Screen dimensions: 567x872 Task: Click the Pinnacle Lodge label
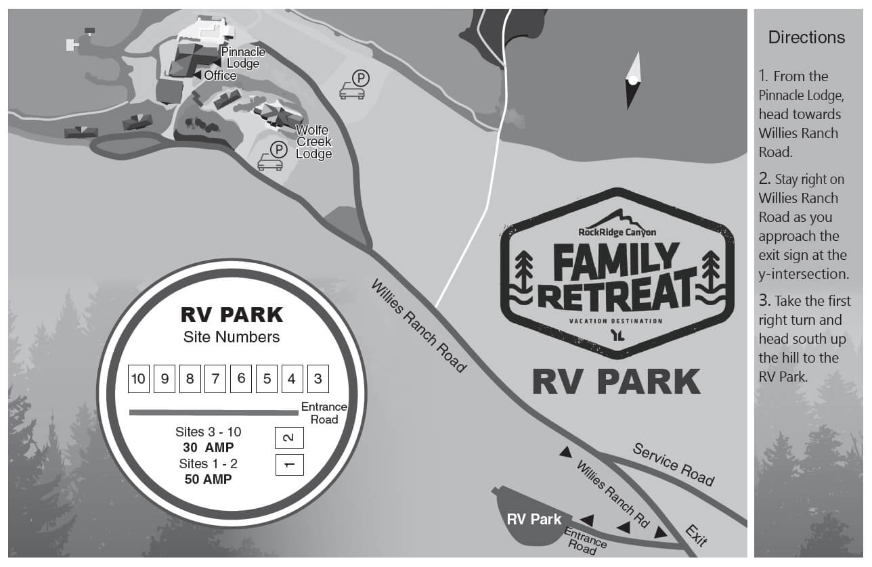(243, 58)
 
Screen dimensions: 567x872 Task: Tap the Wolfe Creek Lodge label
(314, 142)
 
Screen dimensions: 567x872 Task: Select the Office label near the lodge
(219, 75)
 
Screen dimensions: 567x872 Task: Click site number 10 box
(138, 379)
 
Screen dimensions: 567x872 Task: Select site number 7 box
(215, 379)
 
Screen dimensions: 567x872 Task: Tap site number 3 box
(318, 379)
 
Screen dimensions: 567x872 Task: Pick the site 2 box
(289, 438)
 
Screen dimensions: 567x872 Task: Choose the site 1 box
(289, 465)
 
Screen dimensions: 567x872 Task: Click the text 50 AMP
(208, 479)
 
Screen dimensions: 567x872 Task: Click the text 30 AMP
(208, 447)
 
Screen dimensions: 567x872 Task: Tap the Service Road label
(673, 464)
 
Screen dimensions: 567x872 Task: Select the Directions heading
(806, 37)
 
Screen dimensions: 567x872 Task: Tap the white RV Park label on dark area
(534, 519)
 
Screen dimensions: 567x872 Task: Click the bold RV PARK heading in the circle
(232, 315)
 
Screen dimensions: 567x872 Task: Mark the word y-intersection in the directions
(804, 274)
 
